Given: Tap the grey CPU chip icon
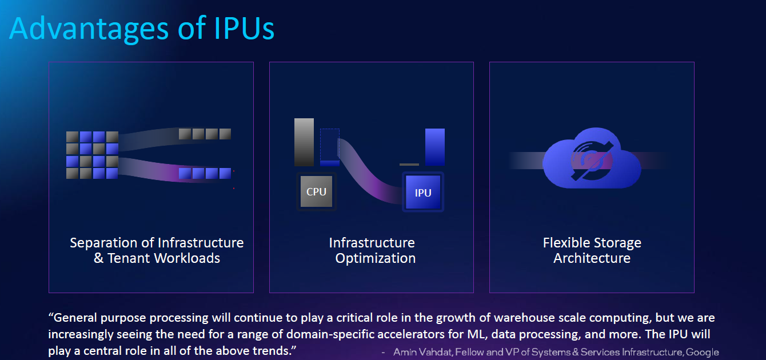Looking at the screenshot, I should pos(316,192).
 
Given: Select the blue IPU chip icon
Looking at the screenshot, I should pos(423,193).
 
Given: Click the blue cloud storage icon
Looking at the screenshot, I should pos(591,157).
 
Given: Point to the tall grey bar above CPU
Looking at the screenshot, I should pos(304,142).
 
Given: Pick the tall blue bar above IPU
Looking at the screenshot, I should pos(434,147).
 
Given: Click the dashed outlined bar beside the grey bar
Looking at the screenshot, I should pos(330,147).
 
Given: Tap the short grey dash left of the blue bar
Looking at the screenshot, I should pos(409,165).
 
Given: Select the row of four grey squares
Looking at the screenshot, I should pos(205,134).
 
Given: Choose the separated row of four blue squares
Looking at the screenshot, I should pos(205,173).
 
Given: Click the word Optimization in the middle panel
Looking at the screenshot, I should pos(376,258).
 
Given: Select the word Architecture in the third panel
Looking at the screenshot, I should pos(592,258).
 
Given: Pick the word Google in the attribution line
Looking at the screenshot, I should pos(703,352).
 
